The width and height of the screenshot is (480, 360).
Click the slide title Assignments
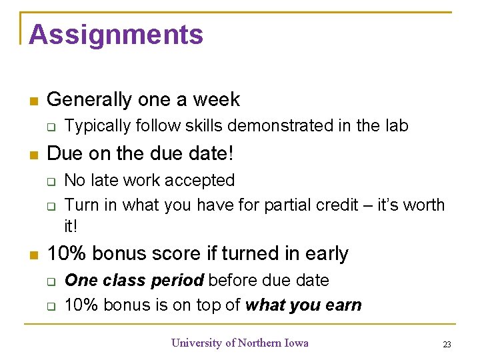[x=116, y=35]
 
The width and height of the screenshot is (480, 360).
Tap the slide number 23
[x=447, y=344]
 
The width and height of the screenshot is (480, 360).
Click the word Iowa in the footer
[x=295, y=343]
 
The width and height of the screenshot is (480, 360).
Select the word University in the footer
[x=197, y=343]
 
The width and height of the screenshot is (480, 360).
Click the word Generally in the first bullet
[x=90, y=100]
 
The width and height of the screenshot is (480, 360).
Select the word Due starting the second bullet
[x=63, y=153]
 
